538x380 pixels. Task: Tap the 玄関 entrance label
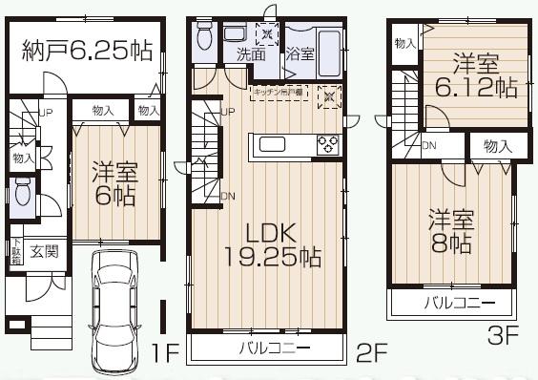[x=43, y=252]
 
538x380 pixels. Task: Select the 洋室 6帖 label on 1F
[x=115, y=185]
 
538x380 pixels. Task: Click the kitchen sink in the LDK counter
[x=269, y=145]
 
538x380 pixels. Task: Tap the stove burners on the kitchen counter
[x=327, y=145]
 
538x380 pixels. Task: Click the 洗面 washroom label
[x=252, y=53]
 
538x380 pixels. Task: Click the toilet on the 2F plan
[x=203, y=38]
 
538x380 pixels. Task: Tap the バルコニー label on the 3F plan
[x=459, y=304]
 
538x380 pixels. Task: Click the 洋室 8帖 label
[x=449, y=230]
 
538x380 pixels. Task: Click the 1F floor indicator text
[x=166, y=354]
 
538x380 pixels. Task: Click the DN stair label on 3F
[x=429, y=146]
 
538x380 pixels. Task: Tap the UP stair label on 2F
[x=228, y=113]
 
